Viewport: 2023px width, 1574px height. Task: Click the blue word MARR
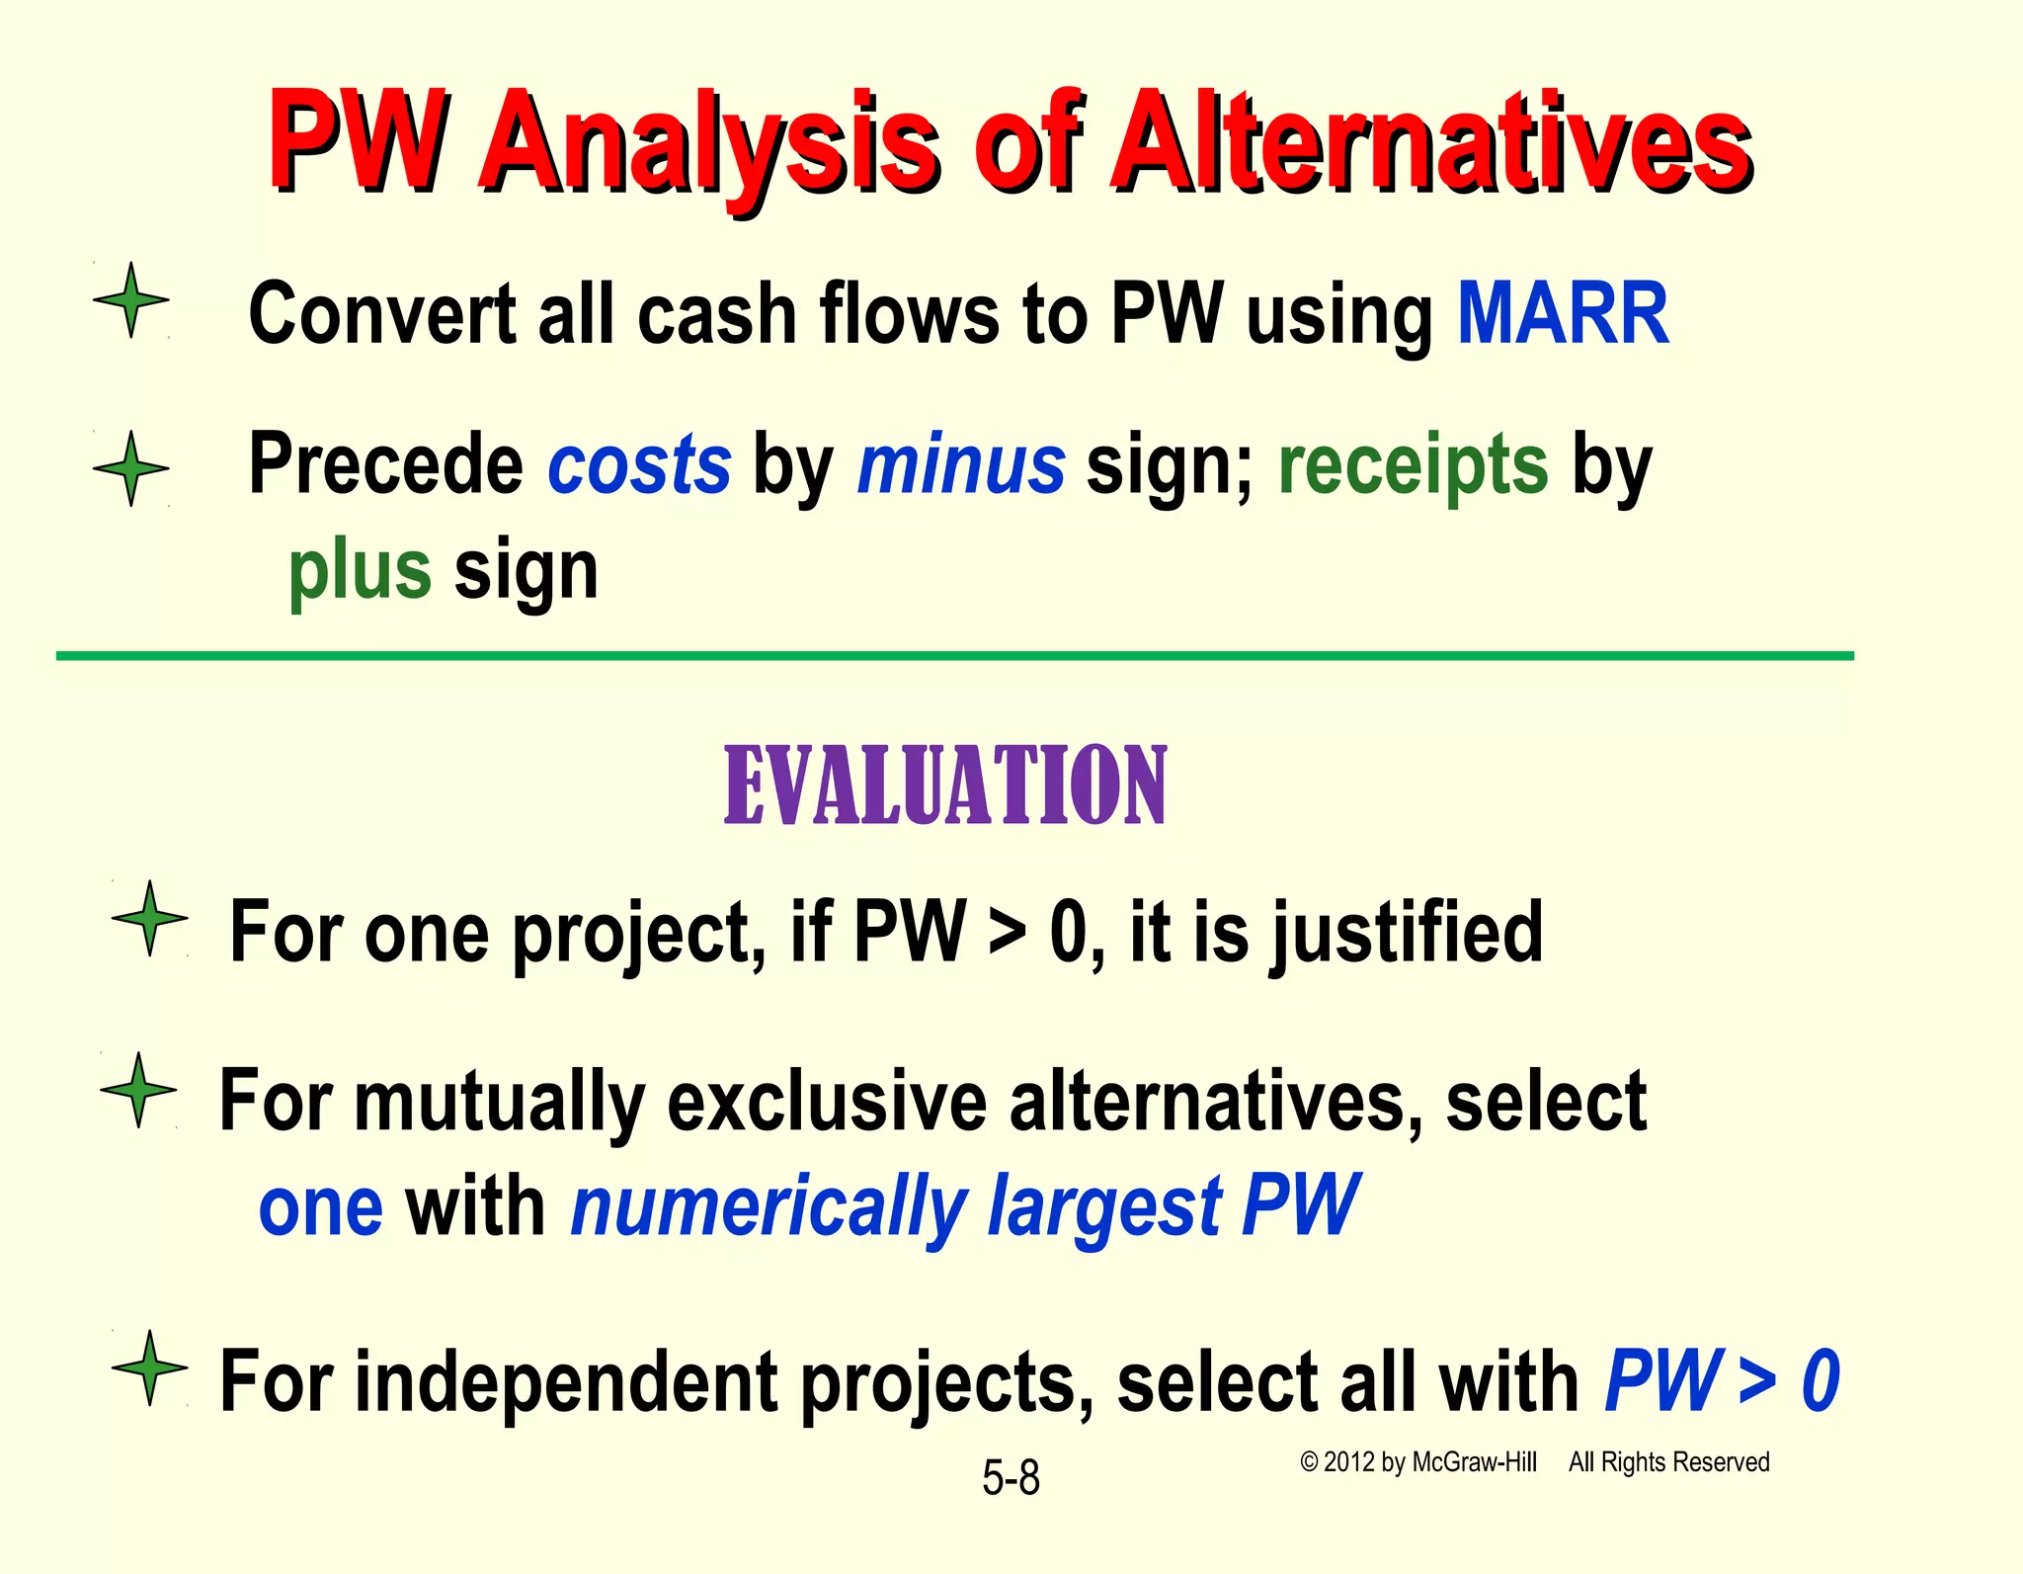1563,313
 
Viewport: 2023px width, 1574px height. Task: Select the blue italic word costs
639,465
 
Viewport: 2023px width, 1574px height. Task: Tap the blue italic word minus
961,465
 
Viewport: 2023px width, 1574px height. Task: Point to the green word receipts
1413,465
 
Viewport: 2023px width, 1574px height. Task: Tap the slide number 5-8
1011,1478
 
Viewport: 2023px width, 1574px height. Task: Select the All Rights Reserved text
1668,1462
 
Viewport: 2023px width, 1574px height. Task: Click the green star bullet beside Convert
131,300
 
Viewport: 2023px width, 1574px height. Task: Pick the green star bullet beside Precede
131,468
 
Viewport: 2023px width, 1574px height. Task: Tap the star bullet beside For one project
150,919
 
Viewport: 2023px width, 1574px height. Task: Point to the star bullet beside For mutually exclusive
139,1090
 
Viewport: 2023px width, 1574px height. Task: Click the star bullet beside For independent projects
150,1368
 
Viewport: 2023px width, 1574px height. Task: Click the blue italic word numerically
769,1207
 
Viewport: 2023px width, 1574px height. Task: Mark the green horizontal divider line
954,656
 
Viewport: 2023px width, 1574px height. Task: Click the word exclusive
827,1101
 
